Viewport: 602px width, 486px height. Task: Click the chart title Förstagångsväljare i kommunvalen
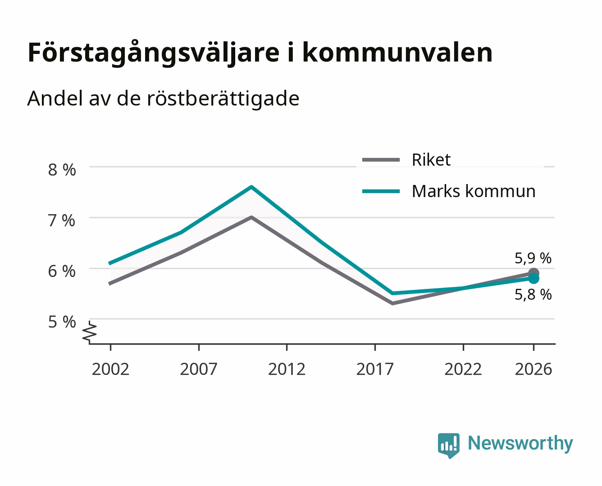[260, 53]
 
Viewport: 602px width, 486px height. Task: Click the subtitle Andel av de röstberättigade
[163, 99]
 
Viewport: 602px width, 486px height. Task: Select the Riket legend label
[431, 160]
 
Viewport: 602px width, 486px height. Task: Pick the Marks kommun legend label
[474, 191]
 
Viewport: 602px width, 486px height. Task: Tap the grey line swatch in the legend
[381, 160]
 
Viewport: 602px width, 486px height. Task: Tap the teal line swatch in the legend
[381, 191]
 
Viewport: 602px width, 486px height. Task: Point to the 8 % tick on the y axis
[62, 170]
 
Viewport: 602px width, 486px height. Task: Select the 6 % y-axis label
[62, 271]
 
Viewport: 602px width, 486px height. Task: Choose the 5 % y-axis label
[62, 322]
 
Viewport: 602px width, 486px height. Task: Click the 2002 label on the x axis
[110, 369]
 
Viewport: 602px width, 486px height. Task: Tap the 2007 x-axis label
[199, 369]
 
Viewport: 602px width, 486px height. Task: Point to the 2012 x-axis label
[287, 369]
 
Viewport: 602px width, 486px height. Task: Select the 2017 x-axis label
[375, 369]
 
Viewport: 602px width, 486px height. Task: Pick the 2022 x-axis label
[463, 369]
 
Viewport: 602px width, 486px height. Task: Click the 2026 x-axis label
[534, 369]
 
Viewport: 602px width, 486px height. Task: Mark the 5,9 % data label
[533, 258]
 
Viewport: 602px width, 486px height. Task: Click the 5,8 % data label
[533, 295]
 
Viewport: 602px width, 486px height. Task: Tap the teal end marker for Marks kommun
[534, 279]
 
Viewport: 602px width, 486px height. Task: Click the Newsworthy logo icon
[449, 445]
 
